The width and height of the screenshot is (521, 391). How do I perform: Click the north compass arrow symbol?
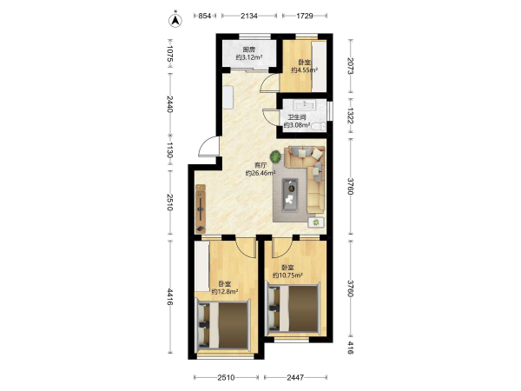coord(175,20)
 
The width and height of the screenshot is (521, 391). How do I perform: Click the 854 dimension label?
coord(205,16)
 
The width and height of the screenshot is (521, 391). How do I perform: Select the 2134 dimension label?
coord(249,16)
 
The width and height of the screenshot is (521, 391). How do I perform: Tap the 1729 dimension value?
coord(305,16)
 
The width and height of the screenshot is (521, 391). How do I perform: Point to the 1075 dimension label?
coord(169,54)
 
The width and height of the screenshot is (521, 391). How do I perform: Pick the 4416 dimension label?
coord(169,296)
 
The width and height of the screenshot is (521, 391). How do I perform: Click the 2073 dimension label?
coord(350,66)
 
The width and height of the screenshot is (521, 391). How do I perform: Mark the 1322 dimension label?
coord(350,116)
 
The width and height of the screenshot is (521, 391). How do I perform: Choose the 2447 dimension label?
coord(295,377)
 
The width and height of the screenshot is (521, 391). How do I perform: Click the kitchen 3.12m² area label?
coord(249,57)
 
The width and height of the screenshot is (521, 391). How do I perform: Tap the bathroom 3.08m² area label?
coord(297,125)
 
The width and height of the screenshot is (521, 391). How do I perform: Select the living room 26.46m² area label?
coord(260,173)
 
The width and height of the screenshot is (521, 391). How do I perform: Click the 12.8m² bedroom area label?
coord(225,292)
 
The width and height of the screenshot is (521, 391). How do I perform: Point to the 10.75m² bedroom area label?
coord(287,275)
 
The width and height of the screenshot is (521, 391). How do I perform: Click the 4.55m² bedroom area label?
coord(305,70)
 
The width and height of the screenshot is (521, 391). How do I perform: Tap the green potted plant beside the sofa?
coord(275,156)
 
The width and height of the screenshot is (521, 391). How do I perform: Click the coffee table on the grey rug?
coord(290,195)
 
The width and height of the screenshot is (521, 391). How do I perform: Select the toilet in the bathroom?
coord(320,126)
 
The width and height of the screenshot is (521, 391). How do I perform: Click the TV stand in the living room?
coord(201,209)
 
